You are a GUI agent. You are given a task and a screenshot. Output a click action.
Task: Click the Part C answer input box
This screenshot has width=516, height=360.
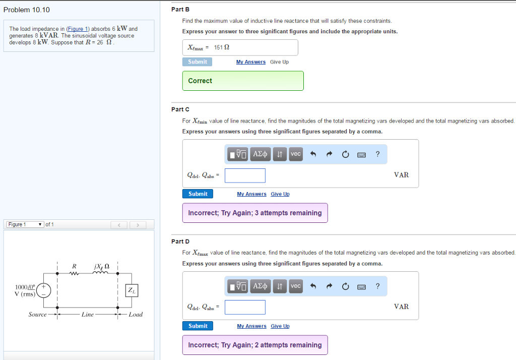coord(245,175)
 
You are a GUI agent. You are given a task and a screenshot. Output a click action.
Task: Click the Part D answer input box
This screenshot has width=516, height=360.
coord(245,307)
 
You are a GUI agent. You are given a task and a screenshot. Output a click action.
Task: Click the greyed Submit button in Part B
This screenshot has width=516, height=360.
coord(197,62)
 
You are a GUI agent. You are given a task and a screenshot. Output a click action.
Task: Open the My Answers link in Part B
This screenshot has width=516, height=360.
coord(251,62)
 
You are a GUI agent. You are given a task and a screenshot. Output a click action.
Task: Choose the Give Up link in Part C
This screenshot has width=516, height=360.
coord(280,194)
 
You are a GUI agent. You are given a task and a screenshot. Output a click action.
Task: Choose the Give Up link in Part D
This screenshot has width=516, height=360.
coord(280,326)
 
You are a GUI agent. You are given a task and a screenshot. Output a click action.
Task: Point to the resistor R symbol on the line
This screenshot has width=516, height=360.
coord(75,274)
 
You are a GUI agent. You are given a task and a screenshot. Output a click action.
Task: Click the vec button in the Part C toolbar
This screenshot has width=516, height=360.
coord(295,154)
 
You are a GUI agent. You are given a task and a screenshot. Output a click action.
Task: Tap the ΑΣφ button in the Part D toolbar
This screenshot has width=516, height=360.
coord(261,286)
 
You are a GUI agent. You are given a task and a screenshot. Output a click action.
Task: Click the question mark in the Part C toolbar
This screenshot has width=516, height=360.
coord(377,154)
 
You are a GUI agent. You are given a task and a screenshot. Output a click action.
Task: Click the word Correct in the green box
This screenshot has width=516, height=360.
coord(200,81)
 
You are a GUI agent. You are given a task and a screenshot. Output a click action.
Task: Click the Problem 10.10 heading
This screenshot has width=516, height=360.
coord(27,10)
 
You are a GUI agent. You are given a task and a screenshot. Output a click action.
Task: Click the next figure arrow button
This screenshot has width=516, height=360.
coord(137,225)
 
